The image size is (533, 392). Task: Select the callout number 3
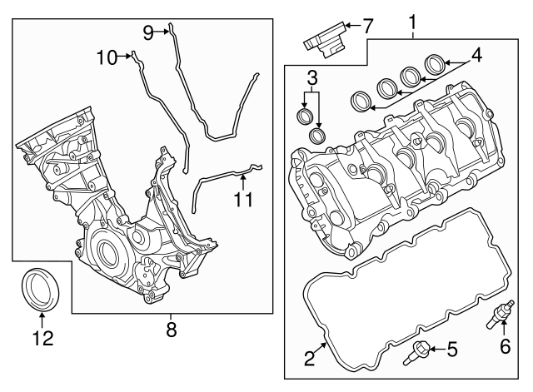pyautogui.click(x=312, y=79)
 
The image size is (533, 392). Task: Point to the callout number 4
pyautogui.click(x=476, y=57)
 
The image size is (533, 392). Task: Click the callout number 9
pyautogui.click(x=148, y=32)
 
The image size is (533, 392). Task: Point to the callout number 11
pyautogui.click(x=242, y=200)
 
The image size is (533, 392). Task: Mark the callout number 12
pyautogui.click(x=42, y=338)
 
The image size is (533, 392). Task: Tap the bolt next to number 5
pyautogui.click(x=416, y=355)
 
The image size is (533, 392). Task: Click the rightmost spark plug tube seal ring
pyautogui.click(x=434, y=62)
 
